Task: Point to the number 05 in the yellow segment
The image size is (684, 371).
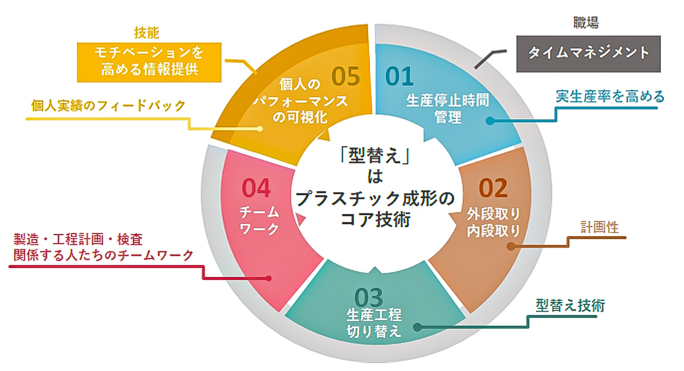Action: [x=345, y=76]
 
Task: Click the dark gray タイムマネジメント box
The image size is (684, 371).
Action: [x=588, y=53]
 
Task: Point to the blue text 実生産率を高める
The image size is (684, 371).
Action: [x=610, y=96]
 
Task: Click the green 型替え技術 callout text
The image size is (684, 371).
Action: [x=570, y=305]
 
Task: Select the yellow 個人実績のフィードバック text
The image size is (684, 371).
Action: [x=109, y=106]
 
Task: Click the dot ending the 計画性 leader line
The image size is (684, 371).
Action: [x=509, y=247]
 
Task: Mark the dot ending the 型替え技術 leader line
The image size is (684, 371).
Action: [x=417, y=328]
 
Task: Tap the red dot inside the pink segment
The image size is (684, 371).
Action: [x=268, y=279]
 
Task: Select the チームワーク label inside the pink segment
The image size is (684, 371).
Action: [x=259, y=220]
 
